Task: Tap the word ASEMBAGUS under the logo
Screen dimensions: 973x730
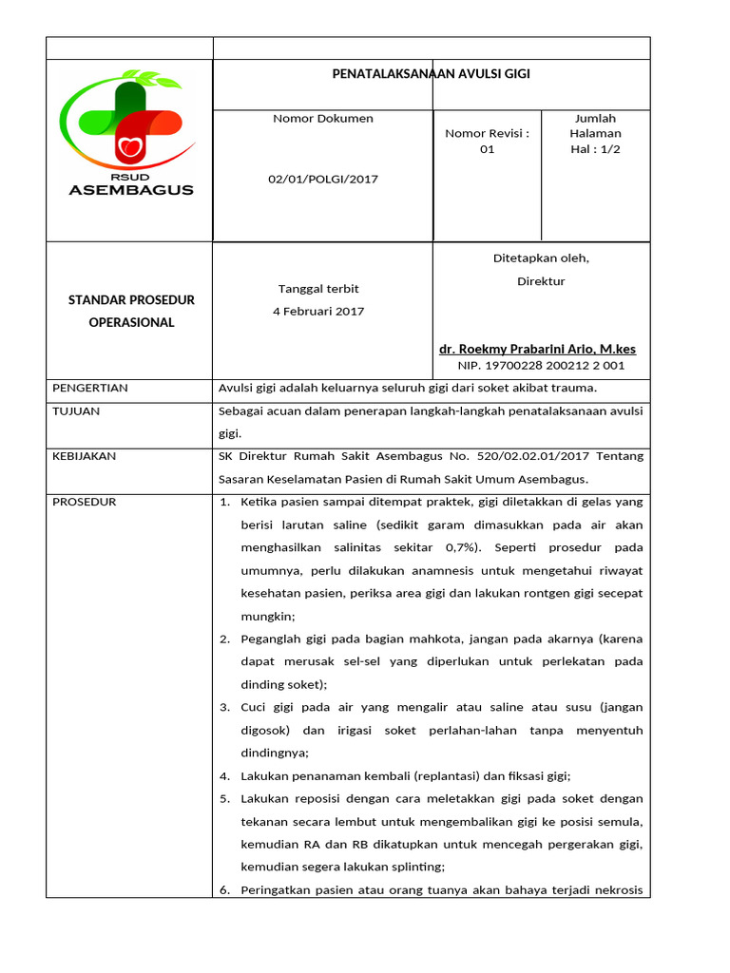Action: point(131,189)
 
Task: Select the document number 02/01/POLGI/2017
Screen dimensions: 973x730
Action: point(323,179)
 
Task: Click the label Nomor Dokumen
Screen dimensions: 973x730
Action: point(323,119)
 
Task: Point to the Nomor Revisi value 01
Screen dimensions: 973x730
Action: point(487,149)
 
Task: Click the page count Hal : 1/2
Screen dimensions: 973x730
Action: point(595,149)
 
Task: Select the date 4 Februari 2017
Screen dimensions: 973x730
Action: point(320,311)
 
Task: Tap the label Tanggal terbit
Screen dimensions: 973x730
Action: point(318,289)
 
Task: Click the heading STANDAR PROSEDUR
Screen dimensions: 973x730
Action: point(131,300)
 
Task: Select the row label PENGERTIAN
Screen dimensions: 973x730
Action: point(90,389)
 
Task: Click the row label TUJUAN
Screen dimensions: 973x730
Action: point(76,411)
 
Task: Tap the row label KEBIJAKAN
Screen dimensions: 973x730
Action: point(85,456)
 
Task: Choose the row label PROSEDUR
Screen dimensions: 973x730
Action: point(84,502)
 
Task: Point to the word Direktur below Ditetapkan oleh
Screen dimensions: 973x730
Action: point(541,281)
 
